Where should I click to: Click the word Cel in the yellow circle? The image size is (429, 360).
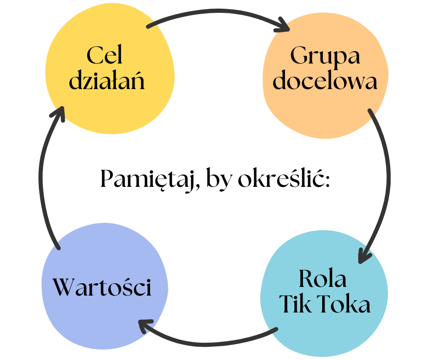105,56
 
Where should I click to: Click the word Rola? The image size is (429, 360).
323,279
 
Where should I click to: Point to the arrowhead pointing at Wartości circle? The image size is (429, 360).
145,326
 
